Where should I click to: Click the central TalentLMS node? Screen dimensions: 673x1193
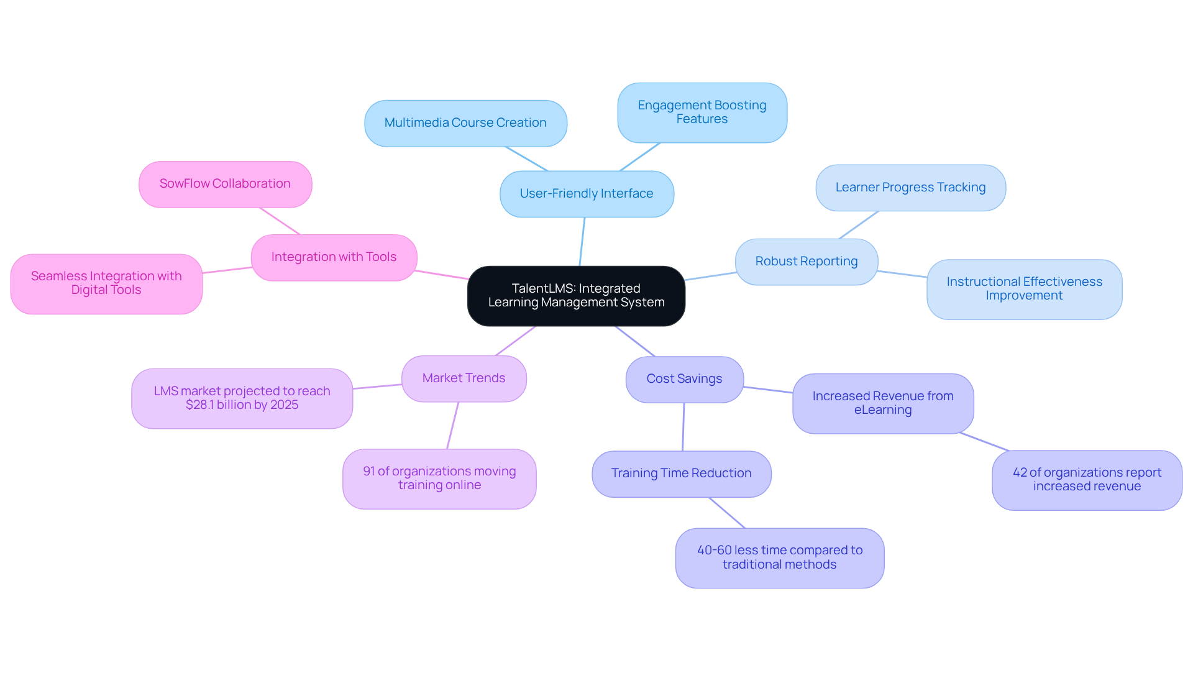click(576, 296)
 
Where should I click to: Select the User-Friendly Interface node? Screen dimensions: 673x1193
click(587, 194)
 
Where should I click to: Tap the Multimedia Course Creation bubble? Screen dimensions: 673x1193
click(465, 123)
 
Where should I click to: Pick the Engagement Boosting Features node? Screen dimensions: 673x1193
click(702, 112)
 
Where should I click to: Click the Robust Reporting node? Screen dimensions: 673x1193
click(807, 262)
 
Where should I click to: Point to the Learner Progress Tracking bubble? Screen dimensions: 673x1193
click(910, 188)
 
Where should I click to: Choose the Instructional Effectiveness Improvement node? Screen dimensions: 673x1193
click(1024, 289)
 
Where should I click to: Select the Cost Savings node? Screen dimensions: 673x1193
click(684, 379)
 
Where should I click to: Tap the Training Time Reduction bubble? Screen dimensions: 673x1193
click(681, 474)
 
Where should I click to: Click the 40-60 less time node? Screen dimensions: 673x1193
click(779, 557)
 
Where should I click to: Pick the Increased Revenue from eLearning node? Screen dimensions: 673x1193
click(882, 403)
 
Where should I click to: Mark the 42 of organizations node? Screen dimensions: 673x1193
click(1087, 480)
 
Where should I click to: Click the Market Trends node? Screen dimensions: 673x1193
click(464, 378)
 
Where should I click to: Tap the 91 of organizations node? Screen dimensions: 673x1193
click(439, 478)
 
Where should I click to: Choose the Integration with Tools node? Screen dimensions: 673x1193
click(334, 257)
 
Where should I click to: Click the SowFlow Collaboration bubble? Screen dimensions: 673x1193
click(225, 184)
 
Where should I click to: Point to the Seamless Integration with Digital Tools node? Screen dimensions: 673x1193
click(106, 283)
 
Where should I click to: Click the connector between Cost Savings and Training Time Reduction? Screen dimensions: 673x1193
click(683, 427)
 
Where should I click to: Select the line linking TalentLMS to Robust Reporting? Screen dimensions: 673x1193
click(710, 277)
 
